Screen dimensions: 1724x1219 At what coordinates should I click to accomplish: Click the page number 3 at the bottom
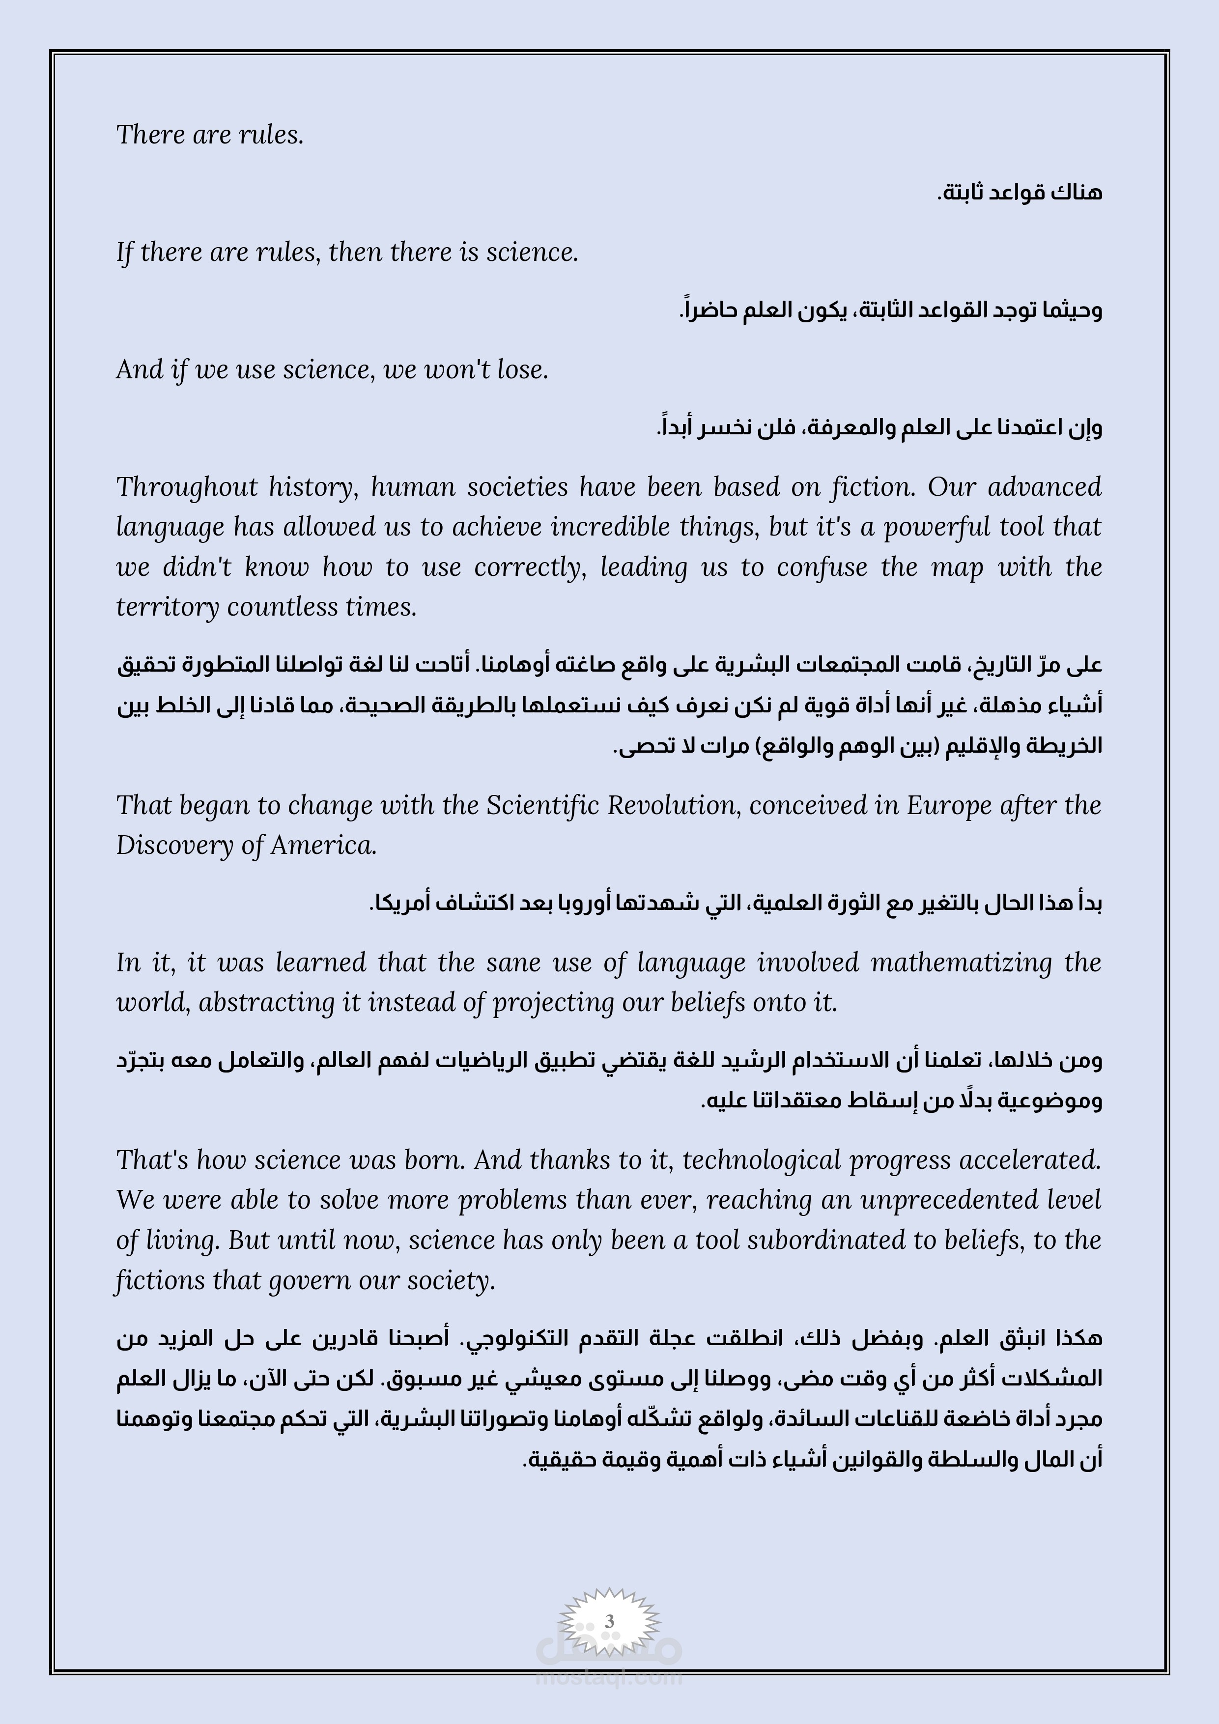click(x=609, y=1620)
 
